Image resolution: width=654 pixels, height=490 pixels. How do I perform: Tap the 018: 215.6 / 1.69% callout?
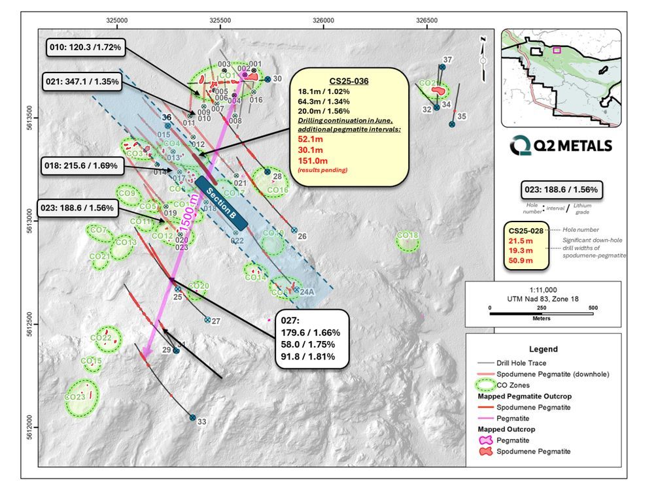(80, 166)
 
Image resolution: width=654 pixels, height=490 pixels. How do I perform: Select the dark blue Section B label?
(220, 203)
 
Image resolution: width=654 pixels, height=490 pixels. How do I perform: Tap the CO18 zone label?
(407, 236)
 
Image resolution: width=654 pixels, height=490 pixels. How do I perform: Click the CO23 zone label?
(75, 397)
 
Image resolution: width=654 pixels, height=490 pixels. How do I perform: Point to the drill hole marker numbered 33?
(193, 418)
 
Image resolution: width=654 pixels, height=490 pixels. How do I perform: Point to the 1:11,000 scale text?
(542, 288)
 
